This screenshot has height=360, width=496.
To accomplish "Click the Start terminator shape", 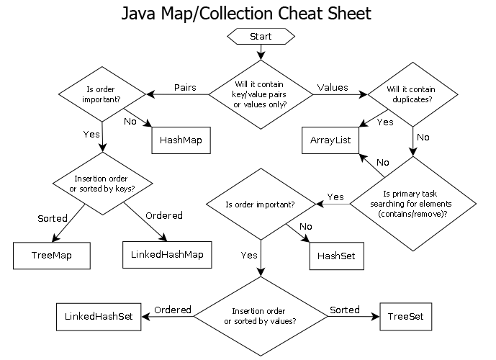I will [x=260, y=36].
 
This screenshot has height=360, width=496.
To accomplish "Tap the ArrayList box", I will [x=330, y=139].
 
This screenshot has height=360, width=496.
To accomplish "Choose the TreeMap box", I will [x=53, y=254].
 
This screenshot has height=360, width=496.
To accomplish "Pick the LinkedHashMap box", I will [x=168, y=254].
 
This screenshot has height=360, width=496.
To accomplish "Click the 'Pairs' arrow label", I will [x=186, y=87].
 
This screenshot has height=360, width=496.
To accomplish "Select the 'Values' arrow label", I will [x=333, y=87].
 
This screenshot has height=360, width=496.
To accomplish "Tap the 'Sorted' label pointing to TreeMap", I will [x=52, y=217].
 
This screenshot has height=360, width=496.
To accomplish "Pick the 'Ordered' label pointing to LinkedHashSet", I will [x=173, y=310].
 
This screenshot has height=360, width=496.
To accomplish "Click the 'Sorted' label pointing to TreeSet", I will [x=344, y=310].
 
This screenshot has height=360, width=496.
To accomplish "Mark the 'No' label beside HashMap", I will [x=130, y=120].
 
